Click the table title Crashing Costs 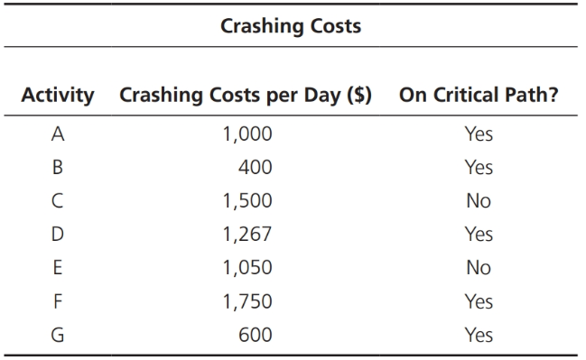pos(291,25)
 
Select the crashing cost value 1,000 pos(246,135)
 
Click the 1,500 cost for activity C pos(246,201)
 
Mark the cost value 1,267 pos(246,235)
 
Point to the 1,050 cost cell pos(246,268)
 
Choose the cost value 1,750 pos(246,301)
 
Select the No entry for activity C pos(479,201)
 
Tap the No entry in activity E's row pos(479,268)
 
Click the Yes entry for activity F pos(479,301)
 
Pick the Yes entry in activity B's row pos(479,168)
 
